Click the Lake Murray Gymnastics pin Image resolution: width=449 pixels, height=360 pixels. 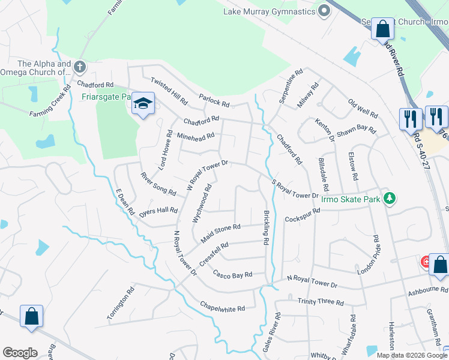[325, 11]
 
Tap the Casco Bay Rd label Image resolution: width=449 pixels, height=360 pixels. [232, 274]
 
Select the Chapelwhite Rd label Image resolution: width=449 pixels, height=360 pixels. [223, 307]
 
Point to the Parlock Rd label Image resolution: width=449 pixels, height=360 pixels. [214, 100]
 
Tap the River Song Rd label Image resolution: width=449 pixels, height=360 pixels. [158, 184]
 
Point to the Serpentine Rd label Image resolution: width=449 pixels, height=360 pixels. [291, 87]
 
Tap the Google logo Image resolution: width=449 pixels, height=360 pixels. [20, 353]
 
